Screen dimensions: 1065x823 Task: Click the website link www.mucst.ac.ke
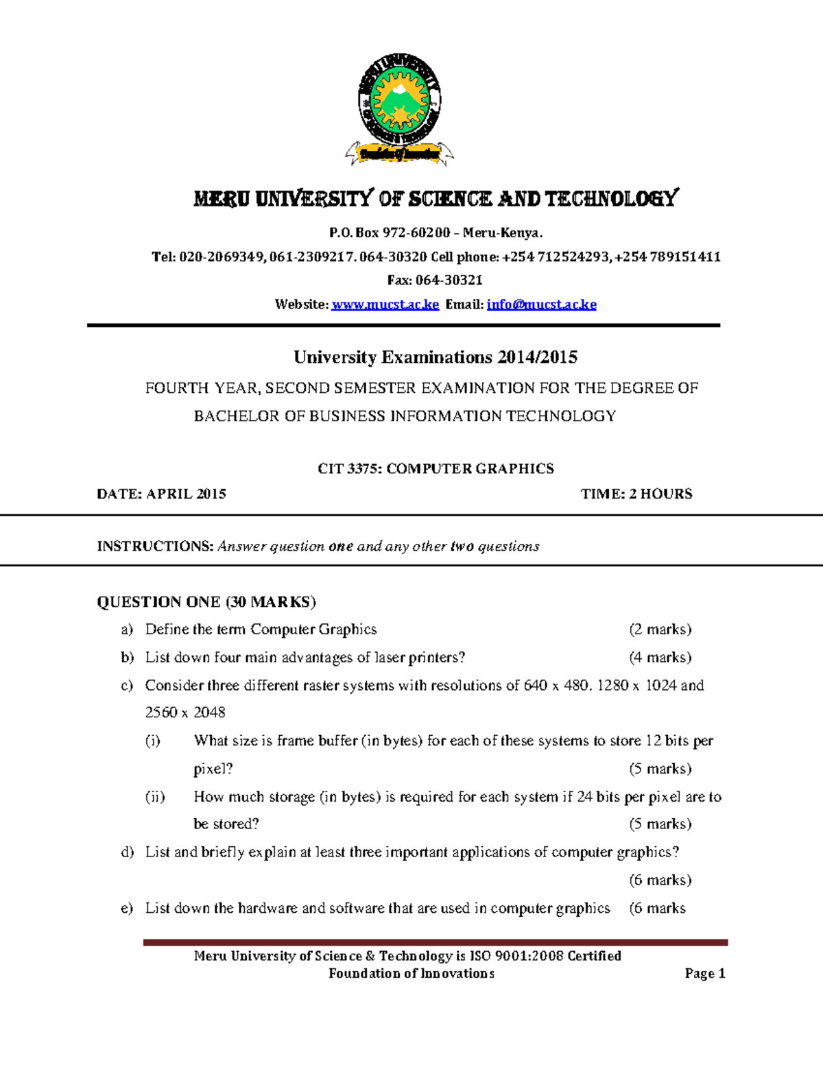[x=385, y=304]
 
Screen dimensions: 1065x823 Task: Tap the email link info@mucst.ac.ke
[x=541, y=304]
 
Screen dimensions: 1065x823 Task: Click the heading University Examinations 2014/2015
[x=436, y=357]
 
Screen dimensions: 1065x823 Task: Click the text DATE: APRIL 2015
[x=161, y=494]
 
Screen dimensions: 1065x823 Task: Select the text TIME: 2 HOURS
[x=636, y=494]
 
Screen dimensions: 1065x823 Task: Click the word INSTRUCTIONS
[x=154, y=547]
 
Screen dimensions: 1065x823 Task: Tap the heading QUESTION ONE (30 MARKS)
[x=206, y=602]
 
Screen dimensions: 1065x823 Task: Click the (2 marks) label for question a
[x=660, y=630]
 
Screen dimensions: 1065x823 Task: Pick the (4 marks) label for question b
[x=660, y=658]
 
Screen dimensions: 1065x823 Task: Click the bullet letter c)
[x=127, y=686]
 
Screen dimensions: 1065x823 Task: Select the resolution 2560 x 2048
[x=185, y=713]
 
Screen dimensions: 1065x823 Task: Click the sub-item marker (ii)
[x=155, y=797]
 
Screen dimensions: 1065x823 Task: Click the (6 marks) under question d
[x=660, y=880]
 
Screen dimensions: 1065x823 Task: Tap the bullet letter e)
[x=127, y=909]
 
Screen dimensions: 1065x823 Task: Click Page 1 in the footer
[x=704, y=974]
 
